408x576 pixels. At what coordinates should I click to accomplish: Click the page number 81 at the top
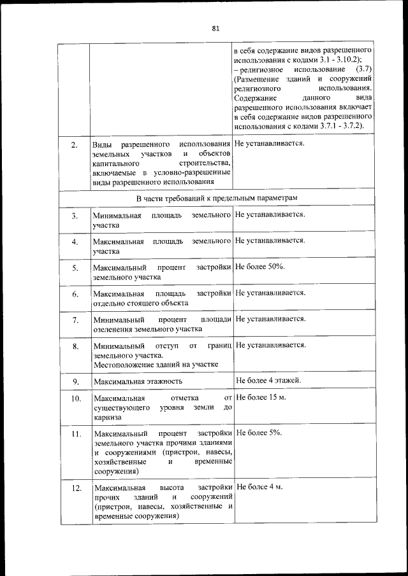point(215,28)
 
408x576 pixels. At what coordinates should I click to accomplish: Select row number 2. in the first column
point(75,145)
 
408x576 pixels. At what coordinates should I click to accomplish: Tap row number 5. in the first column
point(75,268)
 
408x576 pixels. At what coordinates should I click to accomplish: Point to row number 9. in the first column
point(75,381)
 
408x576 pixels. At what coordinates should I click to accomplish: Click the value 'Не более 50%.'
point(259,266)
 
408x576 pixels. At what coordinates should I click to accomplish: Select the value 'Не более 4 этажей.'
point(268,380)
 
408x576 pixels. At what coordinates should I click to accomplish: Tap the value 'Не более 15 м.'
point(261,397)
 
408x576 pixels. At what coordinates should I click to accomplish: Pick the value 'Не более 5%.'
point(259,433)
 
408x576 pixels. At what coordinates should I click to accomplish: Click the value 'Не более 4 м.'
point(259,486)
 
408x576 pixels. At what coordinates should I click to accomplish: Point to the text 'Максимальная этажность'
point(137,381)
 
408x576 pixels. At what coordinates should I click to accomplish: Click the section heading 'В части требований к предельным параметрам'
point(217,198)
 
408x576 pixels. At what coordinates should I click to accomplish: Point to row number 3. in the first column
point(75,216)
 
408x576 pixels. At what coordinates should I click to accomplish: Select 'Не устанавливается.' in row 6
point(270,293)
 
